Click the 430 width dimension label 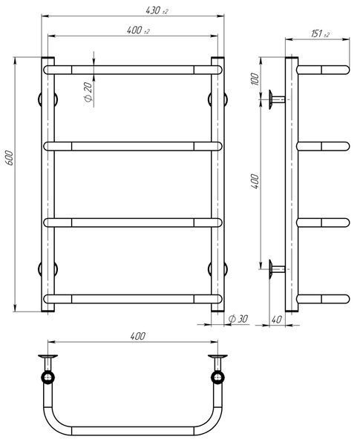tap(157, 11)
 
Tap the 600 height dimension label tap(9, 159)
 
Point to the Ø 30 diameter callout tap(238, 319)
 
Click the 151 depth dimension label tap(320, 34)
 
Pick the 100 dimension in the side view tap(255, 79)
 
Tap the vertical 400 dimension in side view tap(255, 182)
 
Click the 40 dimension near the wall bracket tap(276, 320)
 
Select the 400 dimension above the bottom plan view tap(138, 336)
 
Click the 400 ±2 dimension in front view tap(138, 30)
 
